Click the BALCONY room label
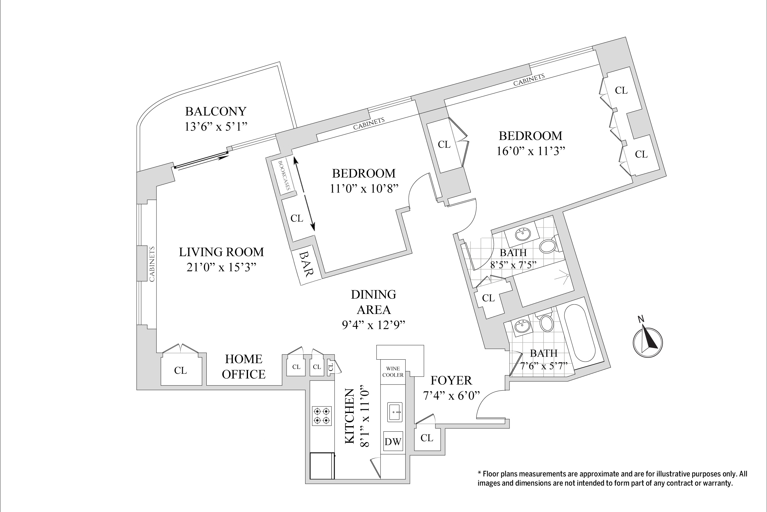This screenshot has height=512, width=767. tap(216, 111)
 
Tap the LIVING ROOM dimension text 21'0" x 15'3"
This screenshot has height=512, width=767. tap(221, 267)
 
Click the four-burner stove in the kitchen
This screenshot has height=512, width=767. tap(321, 416)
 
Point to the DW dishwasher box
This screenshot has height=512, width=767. tap(393, 441)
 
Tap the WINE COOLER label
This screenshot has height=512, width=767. tap(393, 372)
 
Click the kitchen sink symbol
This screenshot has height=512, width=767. tap(395, 412)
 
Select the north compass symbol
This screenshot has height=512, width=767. tap(647, 342)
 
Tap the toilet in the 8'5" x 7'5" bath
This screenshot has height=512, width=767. tap(548, 246)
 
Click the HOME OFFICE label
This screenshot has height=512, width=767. tap(244, 366)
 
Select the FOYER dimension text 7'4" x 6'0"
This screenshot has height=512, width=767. tap(451, 395)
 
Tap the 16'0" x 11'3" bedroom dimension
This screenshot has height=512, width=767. tap(531, 151)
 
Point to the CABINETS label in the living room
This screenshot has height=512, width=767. tap(152, 264)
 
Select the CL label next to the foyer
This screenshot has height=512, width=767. tap(427, 437)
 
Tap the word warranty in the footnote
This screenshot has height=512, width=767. tap(717, 483)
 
